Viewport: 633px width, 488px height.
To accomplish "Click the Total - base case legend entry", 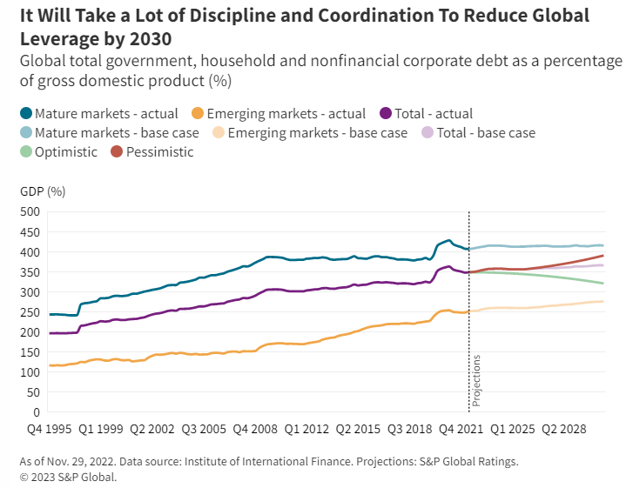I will [x=485, y=133].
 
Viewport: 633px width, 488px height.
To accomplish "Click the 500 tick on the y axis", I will [x=30, y=211].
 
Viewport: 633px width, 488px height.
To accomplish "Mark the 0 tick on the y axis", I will [x=37, y=412].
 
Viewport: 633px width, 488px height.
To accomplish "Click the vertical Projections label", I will [x=476, y=381].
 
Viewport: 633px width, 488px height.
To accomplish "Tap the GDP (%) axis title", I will [x=42, y=191].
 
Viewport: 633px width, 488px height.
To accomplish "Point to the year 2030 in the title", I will [x=151, y=40].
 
